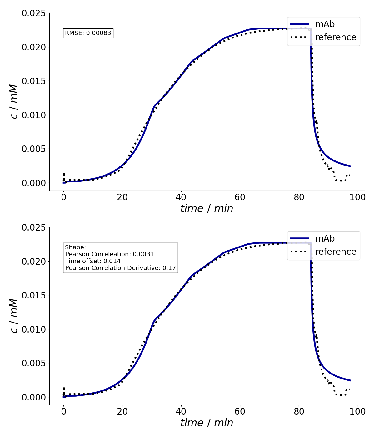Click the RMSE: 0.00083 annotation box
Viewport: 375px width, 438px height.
click(x=88, y=33)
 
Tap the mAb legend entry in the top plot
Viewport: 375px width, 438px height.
click(x=325, y=24)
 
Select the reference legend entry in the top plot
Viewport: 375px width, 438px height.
click(x=336, y=37)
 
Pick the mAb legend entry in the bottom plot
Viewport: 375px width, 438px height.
click(x=325, y=238)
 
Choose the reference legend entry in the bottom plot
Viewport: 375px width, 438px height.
click(x=336, y=252)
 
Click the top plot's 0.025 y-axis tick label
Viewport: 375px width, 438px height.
click(x=33, y=13)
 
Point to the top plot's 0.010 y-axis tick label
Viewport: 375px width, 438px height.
click(x=33, y=115)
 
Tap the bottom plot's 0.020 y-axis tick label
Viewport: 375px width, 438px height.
click(x=33, y=262)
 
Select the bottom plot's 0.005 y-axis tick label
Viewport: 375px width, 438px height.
click(x=33, y=363)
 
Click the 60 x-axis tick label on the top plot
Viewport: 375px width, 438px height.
click(x=240, y=197)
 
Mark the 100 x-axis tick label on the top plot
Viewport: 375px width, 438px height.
click(x=357, y=197)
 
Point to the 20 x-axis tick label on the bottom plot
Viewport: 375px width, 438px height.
click(x=122, y=412)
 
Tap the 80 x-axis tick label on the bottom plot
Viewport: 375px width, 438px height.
click(x=299, y=412)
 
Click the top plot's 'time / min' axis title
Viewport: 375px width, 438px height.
click(x=207, y=209)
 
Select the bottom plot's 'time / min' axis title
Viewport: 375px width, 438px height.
click(x=207, y=423)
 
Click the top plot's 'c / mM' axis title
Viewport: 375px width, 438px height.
click(x=14, y=102)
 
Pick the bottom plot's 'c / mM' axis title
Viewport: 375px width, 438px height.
click(x=14, y=316)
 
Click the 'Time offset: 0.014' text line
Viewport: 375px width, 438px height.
click(x=93, y=261)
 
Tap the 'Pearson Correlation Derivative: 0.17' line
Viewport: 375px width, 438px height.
click(x=121, y=268)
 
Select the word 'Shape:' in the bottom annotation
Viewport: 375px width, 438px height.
click(x=75, y=247)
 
